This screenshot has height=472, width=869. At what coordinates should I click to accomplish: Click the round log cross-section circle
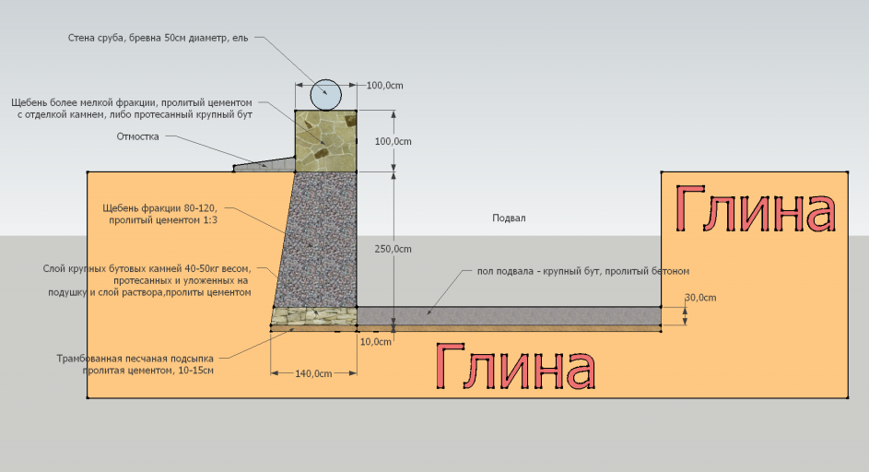(325, 95)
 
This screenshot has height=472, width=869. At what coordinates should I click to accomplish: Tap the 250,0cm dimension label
(393, 249)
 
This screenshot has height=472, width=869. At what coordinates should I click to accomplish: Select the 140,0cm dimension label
(313, 374)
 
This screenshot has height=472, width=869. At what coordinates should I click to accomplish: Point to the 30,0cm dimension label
(700, 298)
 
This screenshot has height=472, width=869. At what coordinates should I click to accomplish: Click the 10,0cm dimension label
(376, 342)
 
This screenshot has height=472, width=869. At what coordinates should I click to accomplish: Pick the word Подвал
(509, 218)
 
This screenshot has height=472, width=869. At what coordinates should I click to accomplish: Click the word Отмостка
(137, 136)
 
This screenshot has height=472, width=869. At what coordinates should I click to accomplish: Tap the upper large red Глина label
(755, 209)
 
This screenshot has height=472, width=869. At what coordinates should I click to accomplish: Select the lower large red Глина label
(515, 365)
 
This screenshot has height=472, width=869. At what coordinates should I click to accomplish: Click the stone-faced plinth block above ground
(325, 141)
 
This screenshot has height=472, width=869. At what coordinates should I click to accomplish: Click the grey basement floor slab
(509, 315)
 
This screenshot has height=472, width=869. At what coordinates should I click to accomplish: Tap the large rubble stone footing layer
(313, 315)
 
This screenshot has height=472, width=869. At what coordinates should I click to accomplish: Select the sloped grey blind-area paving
(264, 165)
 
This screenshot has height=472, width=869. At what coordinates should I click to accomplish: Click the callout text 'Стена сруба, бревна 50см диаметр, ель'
(158, 38)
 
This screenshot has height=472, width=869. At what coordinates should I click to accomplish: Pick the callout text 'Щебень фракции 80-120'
(159, 208)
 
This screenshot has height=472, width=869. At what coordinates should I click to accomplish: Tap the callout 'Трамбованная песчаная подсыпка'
(135, 359)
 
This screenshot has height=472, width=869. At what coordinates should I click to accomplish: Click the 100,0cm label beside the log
(384, 86)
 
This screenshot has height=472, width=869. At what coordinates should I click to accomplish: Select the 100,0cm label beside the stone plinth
(393, 141)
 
